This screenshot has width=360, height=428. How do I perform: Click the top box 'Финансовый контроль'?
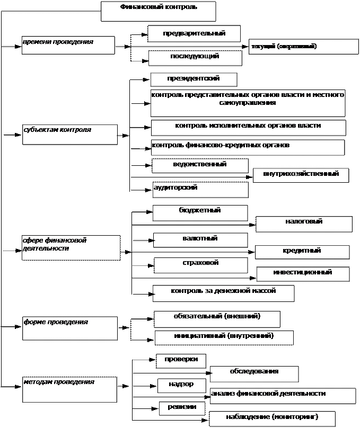pos(158,11)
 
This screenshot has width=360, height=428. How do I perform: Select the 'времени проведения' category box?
pos(68,45)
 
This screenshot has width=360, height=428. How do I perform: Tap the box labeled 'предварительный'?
pos(194,33)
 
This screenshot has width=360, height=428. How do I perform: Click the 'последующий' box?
pos(195,58)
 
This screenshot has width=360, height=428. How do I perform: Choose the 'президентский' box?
pos(194,79)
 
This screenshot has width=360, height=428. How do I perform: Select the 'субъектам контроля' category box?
pos(69,134)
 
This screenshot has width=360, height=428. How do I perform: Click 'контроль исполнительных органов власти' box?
pos(248,127)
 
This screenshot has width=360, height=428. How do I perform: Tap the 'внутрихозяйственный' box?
pos(301,175)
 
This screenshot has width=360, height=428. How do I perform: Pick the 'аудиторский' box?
pos(200,190)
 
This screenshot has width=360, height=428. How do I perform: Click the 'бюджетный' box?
pos(200,212)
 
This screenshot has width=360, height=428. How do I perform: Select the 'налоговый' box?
pos(304,224)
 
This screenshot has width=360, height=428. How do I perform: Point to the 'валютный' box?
pos(200,239)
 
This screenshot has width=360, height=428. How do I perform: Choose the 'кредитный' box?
pos(302,252)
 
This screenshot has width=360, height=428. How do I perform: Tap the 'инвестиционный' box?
pos(303,273)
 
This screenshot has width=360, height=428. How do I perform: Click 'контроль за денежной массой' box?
pos(223,293)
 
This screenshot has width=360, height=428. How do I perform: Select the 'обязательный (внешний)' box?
pos(217,318)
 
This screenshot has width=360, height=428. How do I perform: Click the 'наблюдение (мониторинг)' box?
pos(272,418)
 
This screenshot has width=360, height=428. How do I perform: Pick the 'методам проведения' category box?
pos(69,389)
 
